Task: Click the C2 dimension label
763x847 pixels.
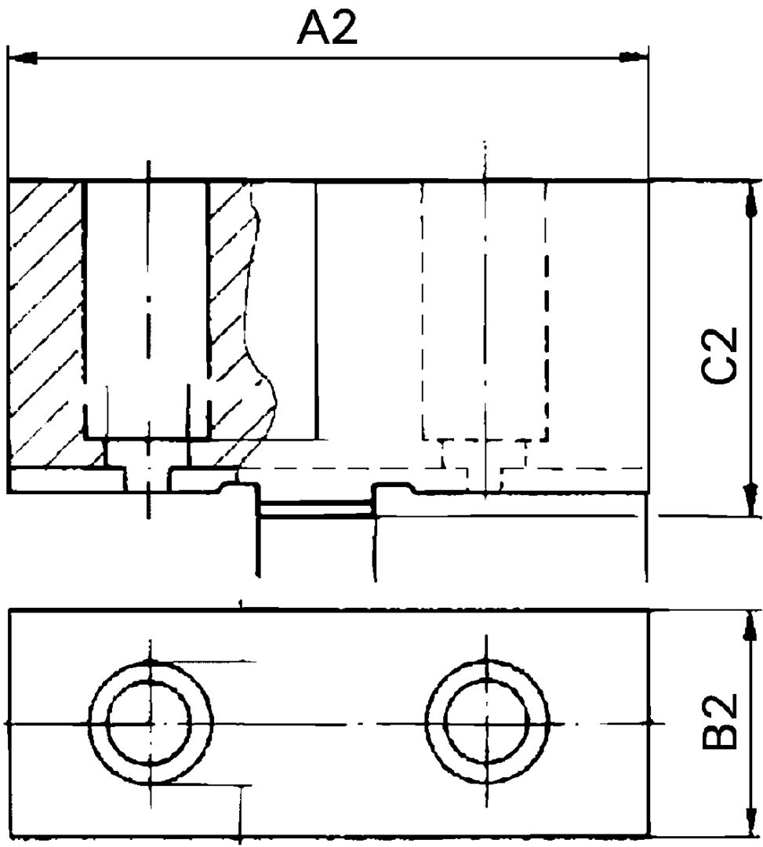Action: [720, 356]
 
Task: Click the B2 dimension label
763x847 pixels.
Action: [720, 721]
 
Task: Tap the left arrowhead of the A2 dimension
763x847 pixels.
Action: [24, 57]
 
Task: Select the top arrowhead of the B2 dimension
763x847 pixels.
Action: [750, 627]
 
